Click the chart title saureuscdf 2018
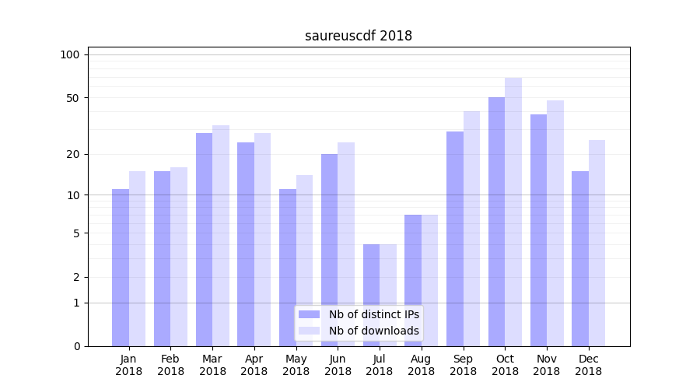pyautogui.click(x=359, y=36)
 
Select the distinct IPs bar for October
pyautogui.click(x=496, y=222)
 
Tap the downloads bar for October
pyautogui.click(x=513, y=212)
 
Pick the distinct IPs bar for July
pyautogui.click(x=371, y=295)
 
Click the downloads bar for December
pyautogui.click(x=597, y=243)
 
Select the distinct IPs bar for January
pyautogui.click(x=121, y=268)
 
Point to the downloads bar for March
pyautogui.click(x=221, y=236)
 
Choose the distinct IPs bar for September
pyautogui.click(x=455, y=239)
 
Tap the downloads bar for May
pyautogui.click(x=304, y=261)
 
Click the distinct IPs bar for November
pyautogui.click(x=538, y=230)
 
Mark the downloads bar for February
pyautogui.click(x=179, y=257)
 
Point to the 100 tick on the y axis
pyautogui.click(x=70, y=54)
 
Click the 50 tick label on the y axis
pyautogui.click(x=73, y=98)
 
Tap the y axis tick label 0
pyautogui.click(x=76, y=346)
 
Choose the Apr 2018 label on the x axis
pyautogui.click(x=254, y=365)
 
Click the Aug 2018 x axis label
pyautogui.click(x=422, y=365)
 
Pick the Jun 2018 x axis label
pyautogui.click(x=338, y=365)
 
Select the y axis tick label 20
pyautogui.click(x=73, y=154)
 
